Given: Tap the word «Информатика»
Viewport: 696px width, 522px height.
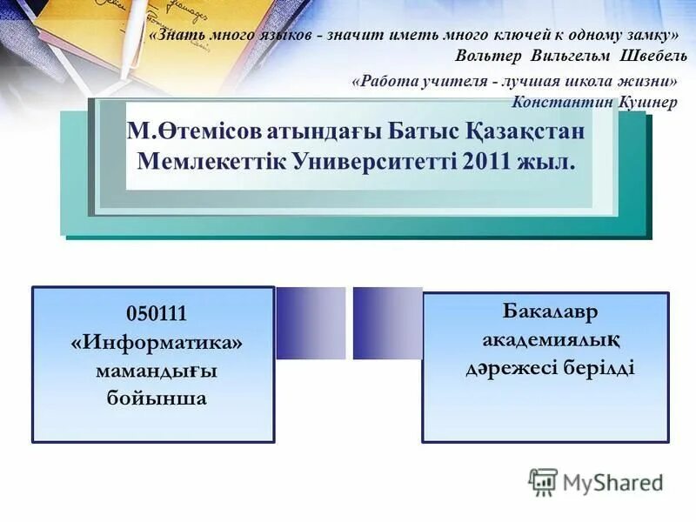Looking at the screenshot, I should coord(157,342).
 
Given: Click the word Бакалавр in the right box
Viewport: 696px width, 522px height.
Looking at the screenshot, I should coord(550,311).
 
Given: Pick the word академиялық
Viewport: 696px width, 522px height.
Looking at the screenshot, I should coord(550,338).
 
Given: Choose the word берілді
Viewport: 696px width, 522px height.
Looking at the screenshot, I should coord(601,367).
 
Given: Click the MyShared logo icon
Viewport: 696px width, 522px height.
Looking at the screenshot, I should coord(543,481).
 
